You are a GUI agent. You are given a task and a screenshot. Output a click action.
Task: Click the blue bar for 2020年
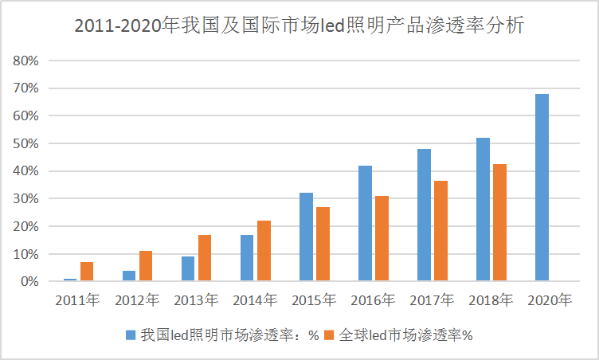click(542, 188)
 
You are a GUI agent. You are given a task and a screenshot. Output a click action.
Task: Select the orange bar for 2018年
click(499, 223)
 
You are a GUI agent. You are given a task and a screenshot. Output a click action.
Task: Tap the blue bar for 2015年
click(306, 237)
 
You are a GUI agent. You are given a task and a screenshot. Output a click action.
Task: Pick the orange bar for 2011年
click(87, 272)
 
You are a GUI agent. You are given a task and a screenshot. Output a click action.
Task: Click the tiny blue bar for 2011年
click(70, 280)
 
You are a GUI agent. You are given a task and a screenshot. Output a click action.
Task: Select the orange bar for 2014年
click(264, 251)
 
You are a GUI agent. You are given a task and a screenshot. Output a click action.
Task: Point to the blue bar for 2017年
click(424, 215)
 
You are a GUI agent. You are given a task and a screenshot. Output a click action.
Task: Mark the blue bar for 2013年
click(188, 268)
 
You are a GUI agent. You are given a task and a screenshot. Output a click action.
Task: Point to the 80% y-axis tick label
click(25, 61)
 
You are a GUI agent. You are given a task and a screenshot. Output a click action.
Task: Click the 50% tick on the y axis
click(25, 143)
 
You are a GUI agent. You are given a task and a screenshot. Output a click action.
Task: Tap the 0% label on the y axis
click(29, 282)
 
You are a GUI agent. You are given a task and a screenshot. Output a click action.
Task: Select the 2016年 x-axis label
click(373, 301)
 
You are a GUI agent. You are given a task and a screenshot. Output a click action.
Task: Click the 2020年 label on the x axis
click(550, 301)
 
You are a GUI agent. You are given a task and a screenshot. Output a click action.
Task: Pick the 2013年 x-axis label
click(196, 301)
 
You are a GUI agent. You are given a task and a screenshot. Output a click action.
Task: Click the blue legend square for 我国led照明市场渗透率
click(131, 335)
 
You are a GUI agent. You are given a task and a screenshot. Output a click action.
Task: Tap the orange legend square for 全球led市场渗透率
click(329, 335)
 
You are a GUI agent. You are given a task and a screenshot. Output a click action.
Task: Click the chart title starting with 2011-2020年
click(299, 25)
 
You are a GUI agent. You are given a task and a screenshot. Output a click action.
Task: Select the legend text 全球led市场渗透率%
click(406, 335)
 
